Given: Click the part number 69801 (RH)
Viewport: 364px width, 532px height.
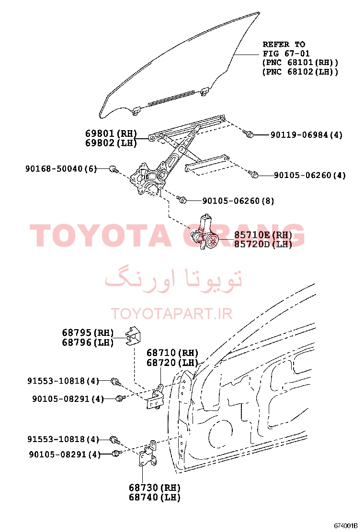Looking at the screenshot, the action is (x=111, y=133).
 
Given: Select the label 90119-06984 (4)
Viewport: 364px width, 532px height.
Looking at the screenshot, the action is (x=306, y=135).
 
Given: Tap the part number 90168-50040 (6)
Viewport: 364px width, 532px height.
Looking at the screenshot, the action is (x=61, y=168).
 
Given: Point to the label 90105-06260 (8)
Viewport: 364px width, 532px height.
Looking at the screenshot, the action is (x=238, y=201).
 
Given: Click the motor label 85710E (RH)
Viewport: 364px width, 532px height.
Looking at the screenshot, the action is (x=263, y=235).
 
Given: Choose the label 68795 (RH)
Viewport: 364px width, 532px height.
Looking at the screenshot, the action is (x=88, y=332).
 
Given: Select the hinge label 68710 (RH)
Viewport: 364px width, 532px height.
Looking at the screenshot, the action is (x=172, y=353).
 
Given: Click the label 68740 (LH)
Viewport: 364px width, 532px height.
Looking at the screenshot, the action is (x=155, y=498).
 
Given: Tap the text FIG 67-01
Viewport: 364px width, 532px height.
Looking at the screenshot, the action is (x=286, y=54).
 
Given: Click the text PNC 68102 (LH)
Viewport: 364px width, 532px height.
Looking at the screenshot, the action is (x=300, y=72).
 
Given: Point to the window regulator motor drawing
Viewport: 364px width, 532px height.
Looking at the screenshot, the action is (x=205, y=233).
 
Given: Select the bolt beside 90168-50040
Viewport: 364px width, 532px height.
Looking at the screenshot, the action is (x=114, y=169).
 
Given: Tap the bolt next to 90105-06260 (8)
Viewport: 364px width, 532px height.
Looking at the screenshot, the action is (x=182, y=199).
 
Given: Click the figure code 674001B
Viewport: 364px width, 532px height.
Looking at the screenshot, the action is (x=346, y=526).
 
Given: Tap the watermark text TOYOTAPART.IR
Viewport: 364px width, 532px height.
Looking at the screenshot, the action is (x=172, y=314).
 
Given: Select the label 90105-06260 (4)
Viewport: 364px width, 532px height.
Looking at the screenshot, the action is (x=310, y=176).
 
